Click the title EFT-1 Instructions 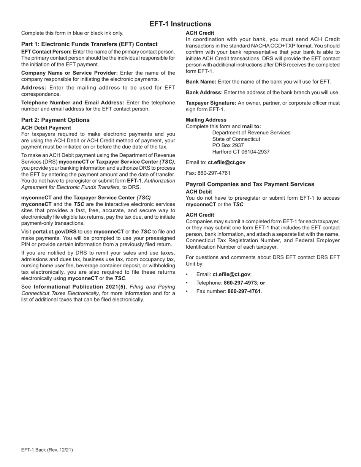pyautogui.click(x=180, y=24)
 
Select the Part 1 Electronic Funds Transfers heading pyautogui.click(x=89, y=44)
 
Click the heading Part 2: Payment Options pyautogui.click(x=55, y=120)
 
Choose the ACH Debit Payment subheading pyautogui.click(x=46, y=128)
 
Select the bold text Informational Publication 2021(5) pyautogui.click(x=79, y=287)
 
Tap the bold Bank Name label pyautogui.click(x=201, y=82)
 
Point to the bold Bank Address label pyautogui.click(x=204, y=92)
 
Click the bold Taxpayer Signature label pyautogui.click(x=211, y=103)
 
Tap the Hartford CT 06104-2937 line pyautogui.click(x=241, y=152)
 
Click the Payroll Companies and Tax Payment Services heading pyautogui.click(x=250, y=184)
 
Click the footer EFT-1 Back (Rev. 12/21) pyautogui.click(x=47, y=450)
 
